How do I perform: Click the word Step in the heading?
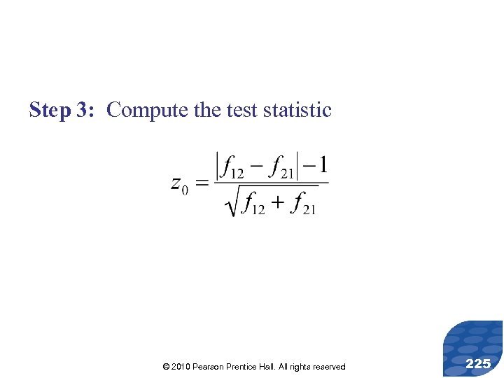50,111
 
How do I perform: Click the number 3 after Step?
83,111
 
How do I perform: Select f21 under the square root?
304,204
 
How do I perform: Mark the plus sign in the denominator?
278,204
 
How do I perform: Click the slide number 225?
477,363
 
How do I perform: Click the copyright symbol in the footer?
165,367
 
